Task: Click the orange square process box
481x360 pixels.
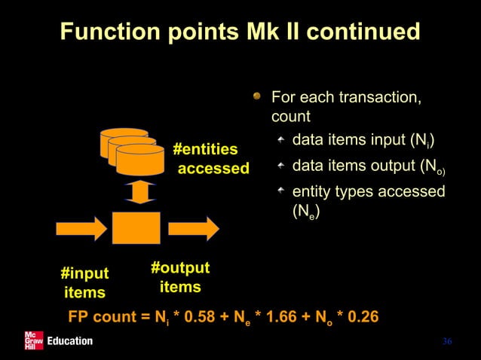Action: pyautogui.click(x=136, y=227)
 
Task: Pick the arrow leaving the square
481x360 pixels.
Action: pyautogui.click(x=194, y=227)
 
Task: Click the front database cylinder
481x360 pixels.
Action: pyautogui.click(x=140, y=159)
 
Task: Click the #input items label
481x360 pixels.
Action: pyautogui.click(x=84, y=282)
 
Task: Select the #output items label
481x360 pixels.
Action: pyautogui.click(x=180, y=278)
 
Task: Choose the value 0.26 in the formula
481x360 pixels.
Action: pyautogui.click(x=359, y=316)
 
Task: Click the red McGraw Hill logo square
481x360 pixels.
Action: pyautogui.click(x=34, y=340)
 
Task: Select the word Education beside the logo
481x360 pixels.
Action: pyautogui.click(x=69, y=341)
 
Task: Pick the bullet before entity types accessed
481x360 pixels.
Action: pyautogui.click(x=280, y=192)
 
